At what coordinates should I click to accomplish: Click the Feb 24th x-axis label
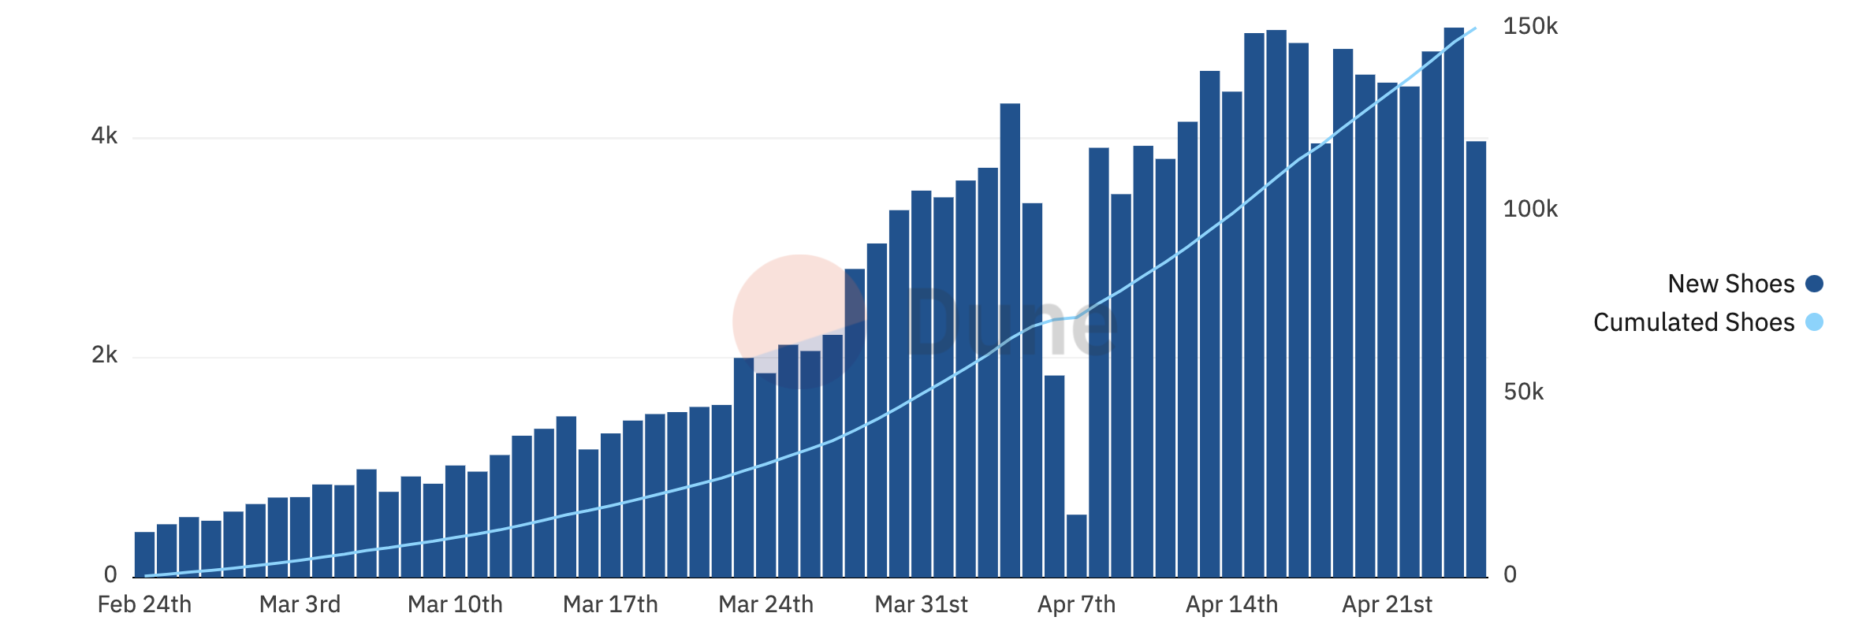[144, 604]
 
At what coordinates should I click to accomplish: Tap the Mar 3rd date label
[300, 604]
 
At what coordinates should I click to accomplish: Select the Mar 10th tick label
[455, 604]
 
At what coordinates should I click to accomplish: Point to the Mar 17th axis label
[610, 604]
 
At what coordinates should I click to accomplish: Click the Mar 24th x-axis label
[765, 604]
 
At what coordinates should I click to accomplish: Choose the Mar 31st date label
[921, 604]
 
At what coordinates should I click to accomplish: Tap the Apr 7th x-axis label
[1076, 604]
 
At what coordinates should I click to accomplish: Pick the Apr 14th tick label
[1231, 604]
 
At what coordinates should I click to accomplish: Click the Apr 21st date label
[1387, 604]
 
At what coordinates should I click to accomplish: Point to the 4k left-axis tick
[104, 136]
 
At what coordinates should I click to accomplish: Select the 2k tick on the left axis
[104, 355]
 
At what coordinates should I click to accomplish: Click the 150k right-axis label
[1529, 27]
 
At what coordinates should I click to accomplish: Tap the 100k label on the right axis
[1529, 210]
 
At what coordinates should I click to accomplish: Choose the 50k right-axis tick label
[1523, 392]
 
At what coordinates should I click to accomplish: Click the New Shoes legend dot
[1814, 284]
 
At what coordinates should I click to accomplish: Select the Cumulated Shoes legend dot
[1814, 322]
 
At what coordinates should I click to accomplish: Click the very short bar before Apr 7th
[1076, 545]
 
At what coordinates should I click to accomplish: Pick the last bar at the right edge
[1476, 359]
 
